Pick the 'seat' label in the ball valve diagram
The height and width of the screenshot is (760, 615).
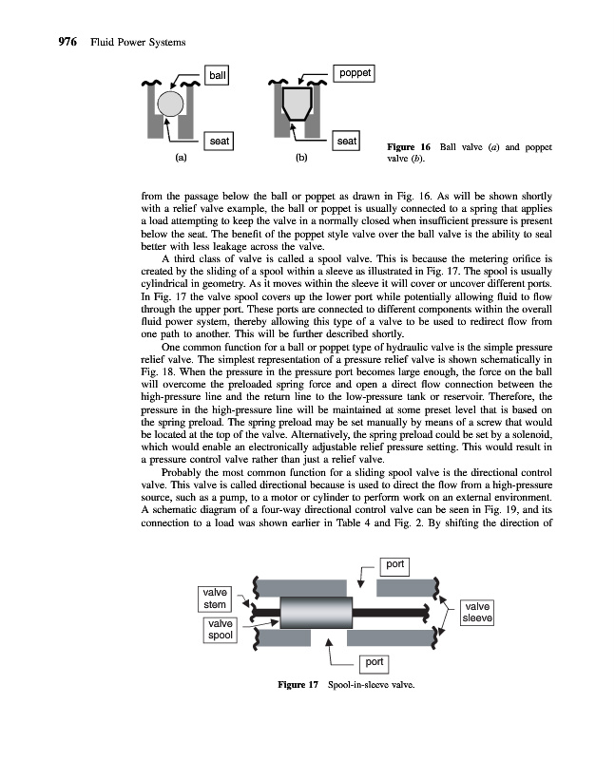219,142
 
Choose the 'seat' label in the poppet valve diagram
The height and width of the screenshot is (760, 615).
347,142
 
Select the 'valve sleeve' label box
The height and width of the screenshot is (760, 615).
477,612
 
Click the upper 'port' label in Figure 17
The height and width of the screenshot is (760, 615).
394,564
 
